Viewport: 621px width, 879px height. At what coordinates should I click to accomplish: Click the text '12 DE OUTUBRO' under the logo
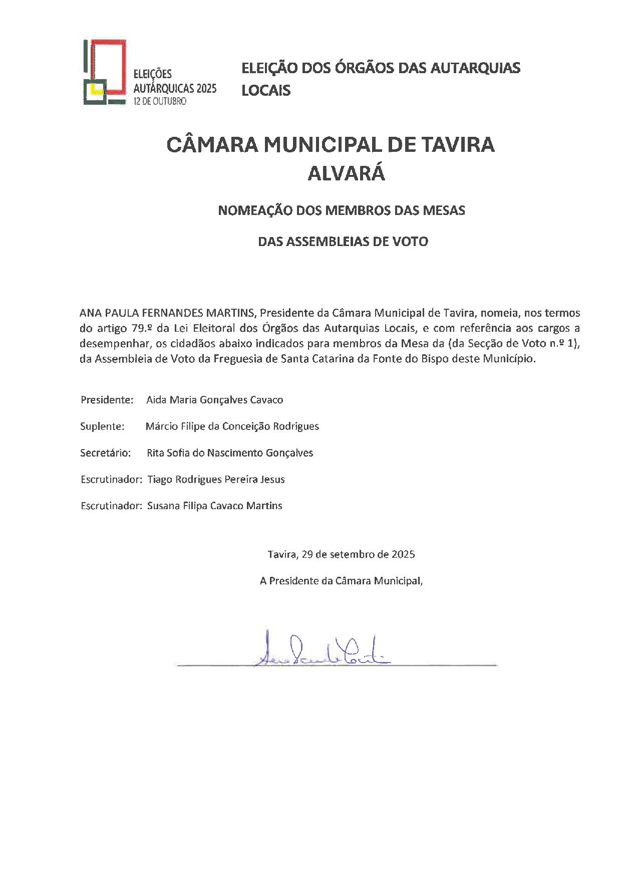coord(159,101)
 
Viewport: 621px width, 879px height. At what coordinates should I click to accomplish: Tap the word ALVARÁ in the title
coord(346,173)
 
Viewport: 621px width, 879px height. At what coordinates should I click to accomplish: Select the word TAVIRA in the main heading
coord(456,145)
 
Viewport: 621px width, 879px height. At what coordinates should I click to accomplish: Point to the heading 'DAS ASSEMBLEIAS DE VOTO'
coord(343,242)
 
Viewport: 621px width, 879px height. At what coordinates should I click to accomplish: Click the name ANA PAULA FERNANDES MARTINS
coord(168,313)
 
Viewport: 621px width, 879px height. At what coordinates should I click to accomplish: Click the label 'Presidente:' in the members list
coord(107,400)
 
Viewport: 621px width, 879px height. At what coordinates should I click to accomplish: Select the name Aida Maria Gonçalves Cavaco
coord(215,400)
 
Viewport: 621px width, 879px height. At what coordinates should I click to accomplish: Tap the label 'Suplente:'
coord(102,426)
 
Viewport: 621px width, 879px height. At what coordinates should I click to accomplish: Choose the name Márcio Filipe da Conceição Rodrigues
coord(232,426)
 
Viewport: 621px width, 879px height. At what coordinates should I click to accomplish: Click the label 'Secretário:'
coord(106,453)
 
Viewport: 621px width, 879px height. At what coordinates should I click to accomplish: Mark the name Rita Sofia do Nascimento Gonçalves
coord(230,453)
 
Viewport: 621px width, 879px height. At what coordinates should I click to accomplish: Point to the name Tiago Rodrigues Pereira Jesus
coord(216,480)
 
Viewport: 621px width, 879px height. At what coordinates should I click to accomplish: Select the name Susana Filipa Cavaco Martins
coord(215,506)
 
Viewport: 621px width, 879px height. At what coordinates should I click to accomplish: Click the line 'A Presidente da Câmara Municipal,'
coord(341,581)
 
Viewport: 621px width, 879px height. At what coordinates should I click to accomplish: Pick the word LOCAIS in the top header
coord(266,91)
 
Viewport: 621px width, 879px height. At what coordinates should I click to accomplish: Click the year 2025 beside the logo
coord(206,88)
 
